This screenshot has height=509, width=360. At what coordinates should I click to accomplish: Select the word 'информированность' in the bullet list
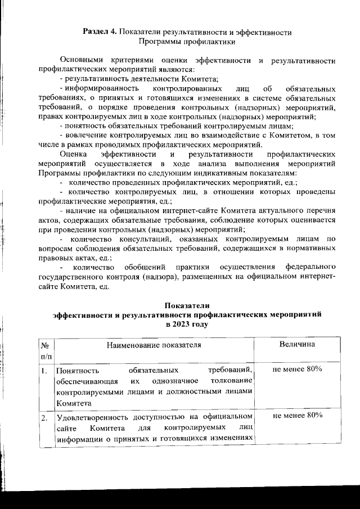tap(99, 89)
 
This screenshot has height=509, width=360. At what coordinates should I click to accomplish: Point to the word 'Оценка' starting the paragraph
tap(73, 154)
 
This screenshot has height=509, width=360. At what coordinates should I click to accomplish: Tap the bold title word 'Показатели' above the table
tap(186, 305)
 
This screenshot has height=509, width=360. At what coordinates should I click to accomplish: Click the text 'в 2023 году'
tap(186, 325)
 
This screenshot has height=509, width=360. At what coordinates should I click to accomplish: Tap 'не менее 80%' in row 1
tap(296, 369)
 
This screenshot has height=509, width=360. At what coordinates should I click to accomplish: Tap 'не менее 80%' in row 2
tap(296, 416)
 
